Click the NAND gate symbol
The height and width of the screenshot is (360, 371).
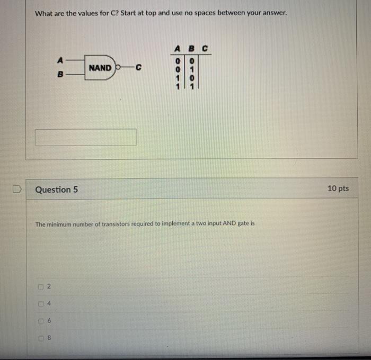coord(101,68)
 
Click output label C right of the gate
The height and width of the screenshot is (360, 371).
coord(138,68)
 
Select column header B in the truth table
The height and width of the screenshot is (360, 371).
coord(192,49)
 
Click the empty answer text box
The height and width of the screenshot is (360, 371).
coord(86,137)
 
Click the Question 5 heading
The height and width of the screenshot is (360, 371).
coord(56,190)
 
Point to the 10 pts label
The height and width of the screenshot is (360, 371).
coord(338,188)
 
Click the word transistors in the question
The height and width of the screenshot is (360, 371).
coord(120,224)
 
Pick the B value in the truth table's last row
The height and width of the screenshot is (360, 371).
coord(192,86)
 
